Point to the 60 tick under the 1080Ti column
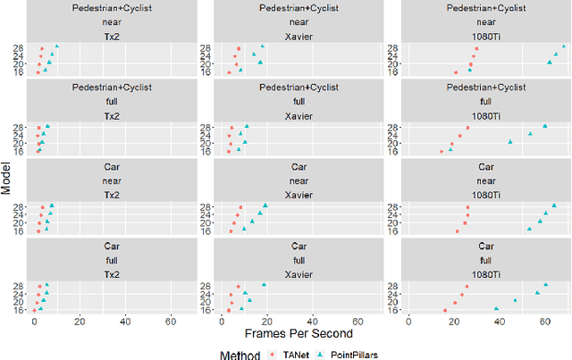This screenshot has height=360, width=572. pyautogui.click(x=544, y=321)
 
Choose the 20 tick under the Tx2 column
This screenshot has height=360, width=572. pyautogui.click(x=80, y=321)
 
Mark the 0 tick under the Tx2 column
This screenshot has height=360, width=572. pyautogui.click(x=34, y=321)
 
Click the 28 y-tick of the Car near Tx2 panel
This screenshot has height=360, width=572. pyautogui.click(x=19, y=206)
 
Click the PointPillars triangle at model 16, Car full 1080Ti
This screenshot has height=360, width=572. pyautogui.click(x=497, y=309)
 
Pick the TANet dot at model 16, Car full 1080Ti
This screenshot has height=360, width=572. pyautogui.click(x=444, y=310)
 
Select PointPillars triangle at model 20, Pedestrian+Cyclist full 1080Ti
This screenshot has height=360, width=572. pyautogui.click(x=510, y=142)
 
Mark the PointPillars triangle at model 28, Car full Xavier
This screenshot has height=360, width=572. pyautogui.click(x=264, y=285)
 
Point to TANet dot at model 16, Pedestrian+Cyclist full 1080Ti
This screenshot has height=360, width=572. pyautogui.click(x=442, y=151)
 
